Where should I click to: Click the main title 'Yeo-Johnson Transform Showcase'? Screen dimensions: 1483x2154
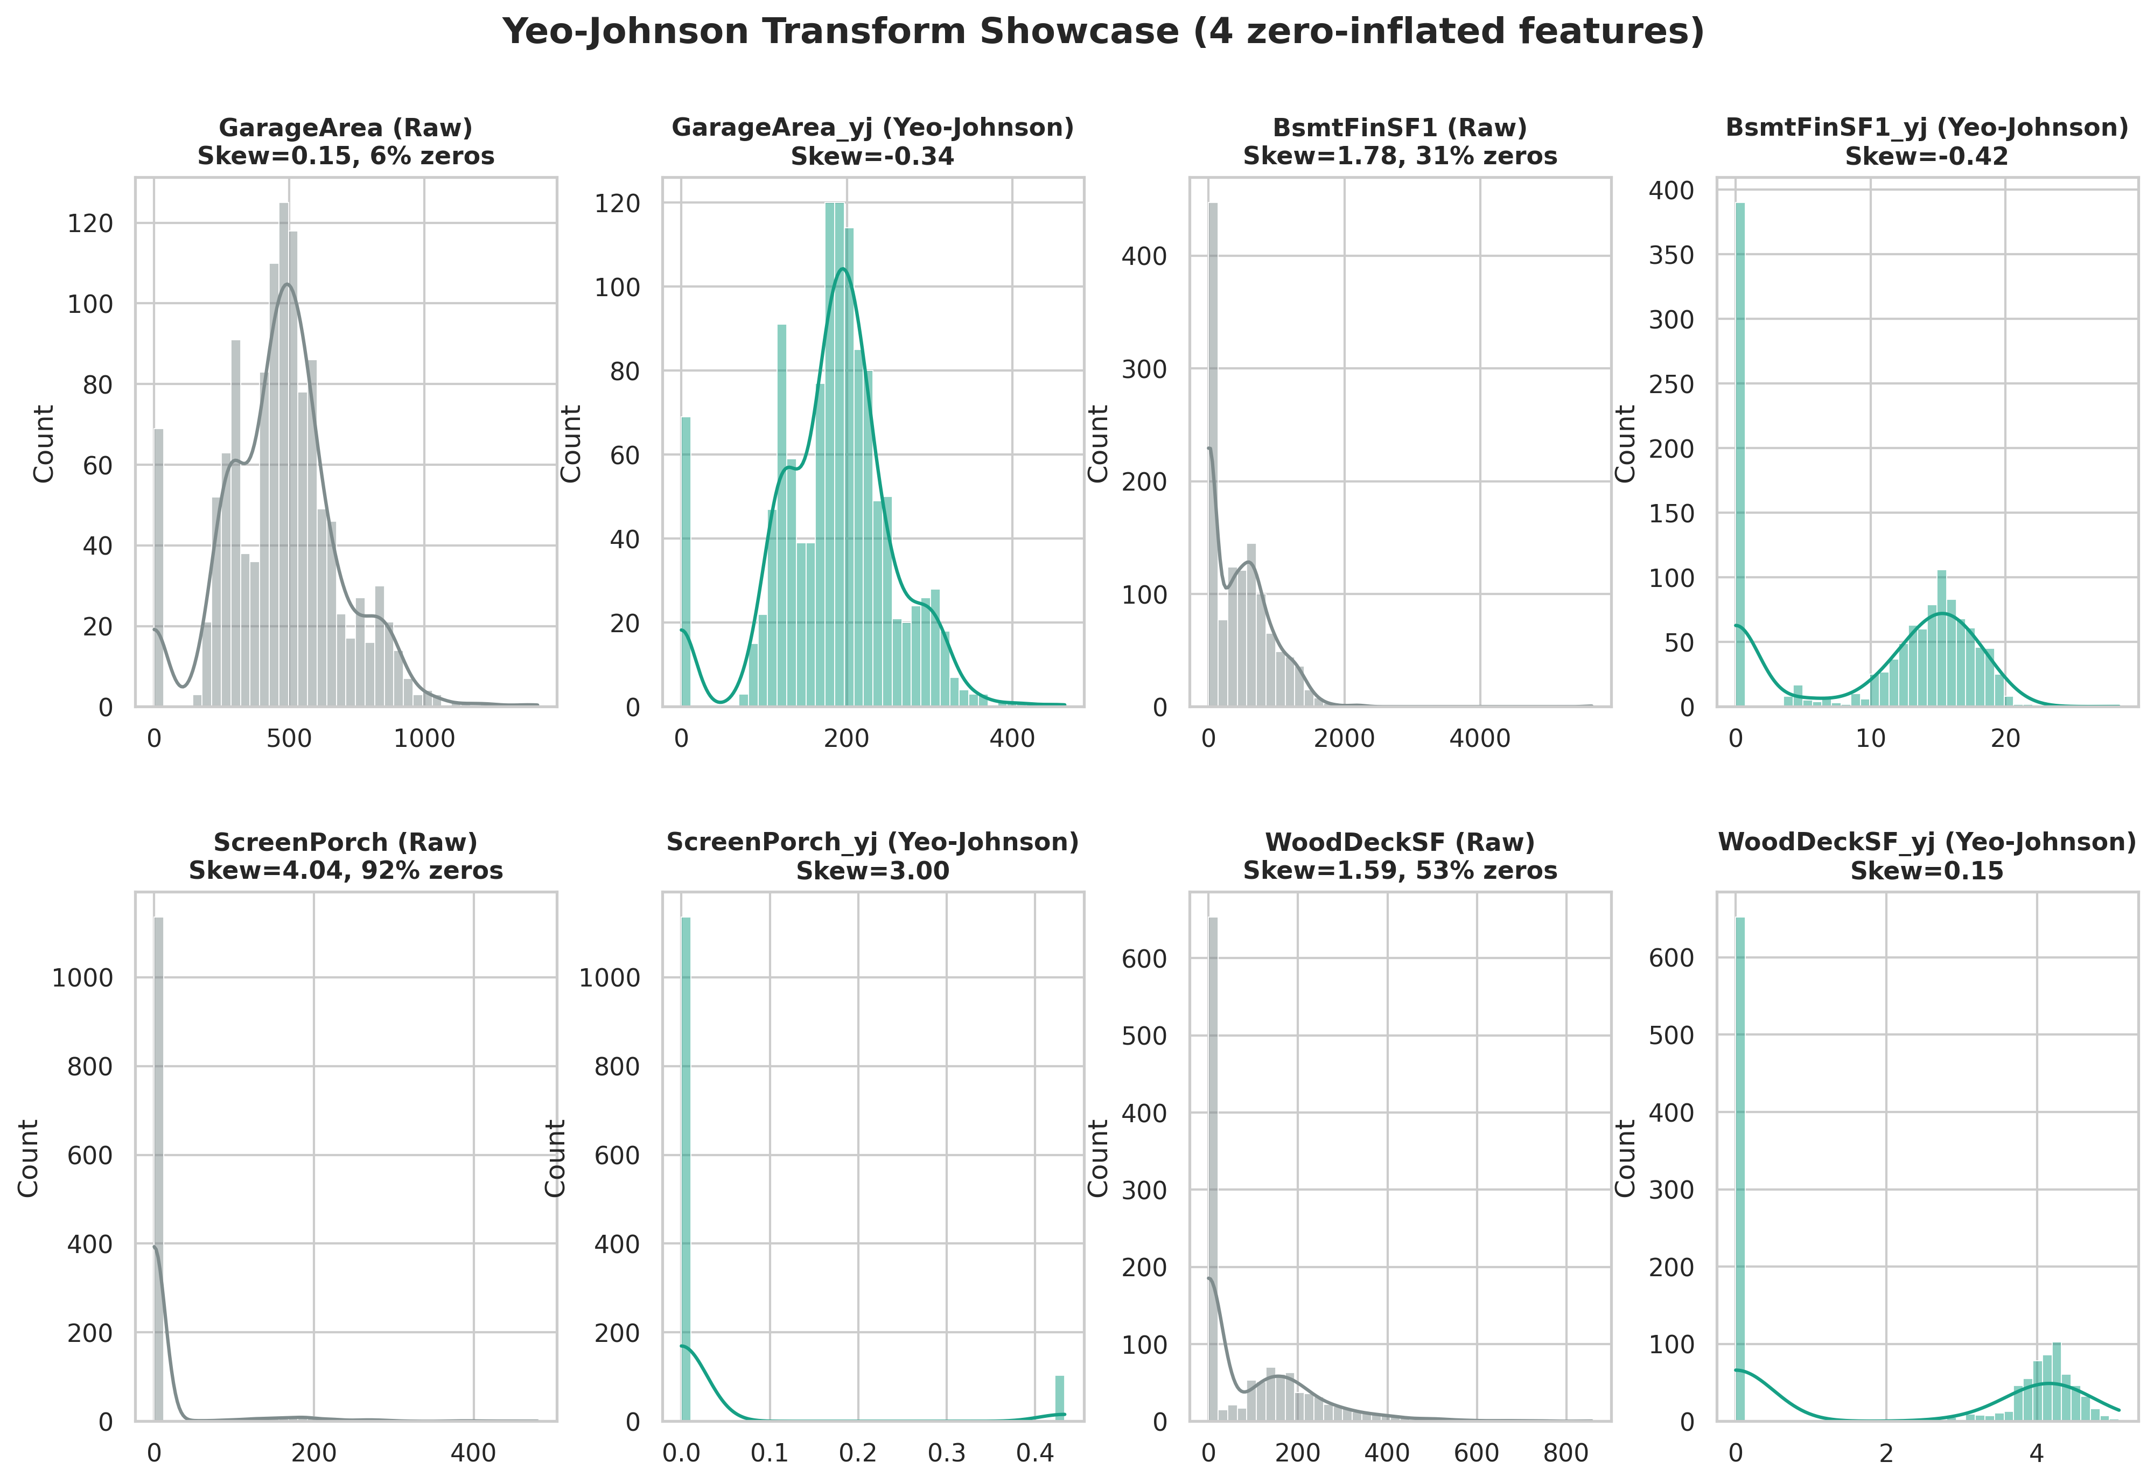pyautogui.click(x=1103, y=32)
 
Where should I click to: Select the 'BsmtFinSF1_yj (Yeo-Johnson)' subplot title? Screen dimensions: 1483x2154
pyautogui.click(x=1926, y=127)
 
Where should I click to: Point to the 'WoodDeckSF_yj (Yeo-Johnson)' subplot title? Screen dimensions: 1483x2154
pyautogui.click(x=1926, y=842)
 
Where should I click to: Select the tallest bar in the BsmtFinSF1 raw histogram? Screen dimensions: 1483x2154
pyautogui.click(x=1213, y=456)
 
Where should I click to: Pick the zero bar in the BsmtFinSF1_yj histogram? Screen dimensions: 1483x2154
pyautogui.click(x=1739, y=456)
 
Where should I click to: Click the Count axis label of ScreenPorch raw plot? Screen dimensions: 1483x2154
pyautogui.click(x=29, y=1158)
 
